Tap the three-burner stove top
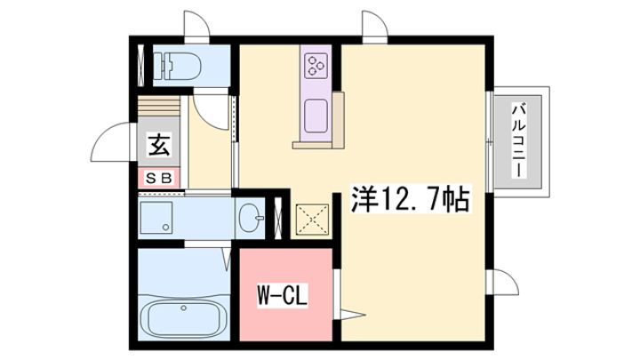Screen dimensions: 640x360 pyautogui.click(x=316, y=65)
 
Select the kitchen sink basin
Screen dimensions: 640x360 pyautogui.click(x=316, y=116)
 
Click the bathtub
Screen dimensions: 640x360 pyautogui.click(x=184, y=318)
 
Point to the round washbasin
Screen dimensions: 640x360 pyautogui.click(x=250, y=218)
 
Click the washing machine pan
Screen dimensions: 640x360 pyautogui.click(x=156, y=218)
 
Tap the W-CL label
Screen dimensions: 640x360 pyautogui.click(x=282, y=296)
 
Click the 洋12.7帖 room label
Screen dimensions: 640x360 pyautogui.click(x=411, y=199)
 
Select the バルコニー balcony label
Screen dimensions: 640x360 pyautogui.click(x=518, y=140)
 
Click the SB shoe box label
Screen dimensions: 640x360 pyautogui.click(x=158, y=178)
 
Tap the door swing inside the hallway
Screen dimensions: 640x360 pyautogui.click(x=211, y=112)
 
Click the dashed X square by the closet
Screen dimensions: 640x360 pyautogui.click(x=312, y=220)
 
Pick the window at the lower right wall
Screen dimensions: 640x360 pyautogui.click(x=502, y=282)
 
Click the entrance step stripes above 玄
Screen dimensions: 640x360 pyautogui.click(x=158, y=106)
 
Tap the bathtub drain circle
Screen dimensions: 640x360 pyautogui.click(x=184, y=308)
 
